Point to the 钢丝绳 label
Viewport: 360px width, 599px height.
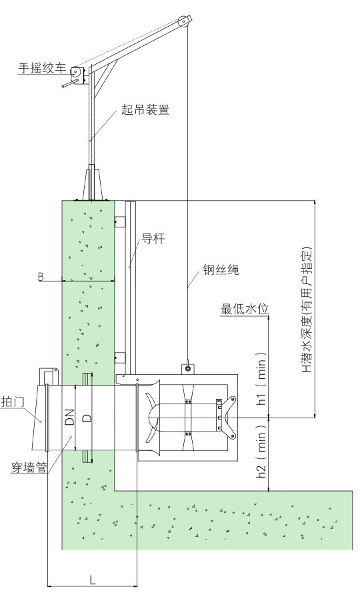(x=221, y=270)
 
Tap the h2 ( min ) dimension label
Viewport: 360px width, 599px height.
(x=262, y=455)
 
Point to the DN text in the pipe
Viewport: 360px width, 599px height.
(x=69, y=417)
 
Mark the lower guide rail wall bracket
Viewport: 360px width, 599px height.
(x=120, y=356)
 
